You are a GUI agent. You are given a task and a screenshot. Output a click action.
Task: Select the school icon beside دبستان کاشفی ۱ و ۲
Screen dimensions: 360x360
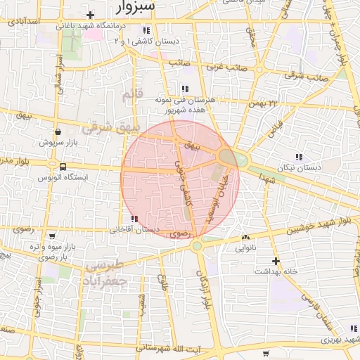pos(146,31)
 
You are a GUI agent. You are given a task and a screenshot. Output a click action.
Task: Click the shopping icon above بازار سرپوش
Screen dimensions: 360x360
pos(57,131)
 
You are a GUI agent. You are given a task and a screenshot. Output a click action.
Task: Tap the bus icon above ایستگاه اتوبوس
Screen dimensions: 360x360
pos(63,167)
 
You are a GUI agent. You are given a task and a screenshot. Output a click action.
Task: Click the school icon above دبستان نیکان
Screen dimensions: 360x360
pos(299,157)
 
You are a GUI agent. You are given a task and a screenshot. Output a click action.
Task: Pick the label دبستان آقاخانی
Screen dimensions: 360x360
pos(135,230)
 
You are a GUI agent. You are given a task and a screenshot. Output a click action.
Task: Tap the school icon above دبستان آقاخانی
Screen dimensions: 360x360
pos(134,219)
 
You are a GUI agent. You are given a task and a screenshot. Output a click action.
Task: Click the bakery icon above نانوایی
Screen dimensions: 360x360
pos(245,238)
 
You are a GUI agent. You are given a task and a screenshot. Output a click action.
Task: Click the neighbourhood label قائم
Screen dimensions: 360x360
pos(132,94)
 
